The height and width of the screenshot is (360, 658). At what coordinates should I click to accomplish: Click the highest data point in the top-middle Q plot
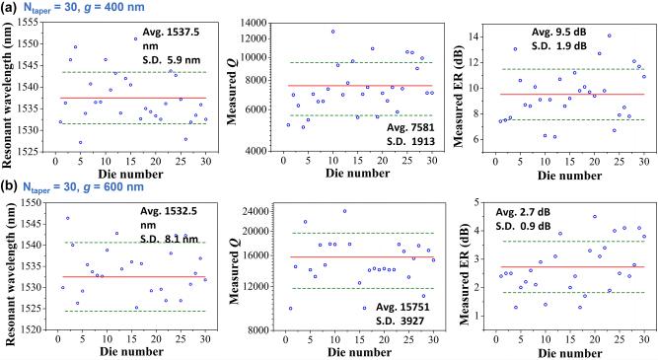pos(332,32)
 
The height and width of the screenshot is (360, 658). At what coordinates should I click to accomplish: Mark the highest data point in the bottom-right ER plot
pos(594,217)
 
